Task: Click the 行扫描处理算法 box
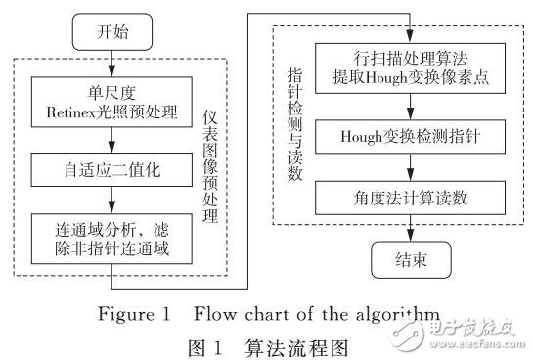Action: pyautogui.click(x=409, y=61)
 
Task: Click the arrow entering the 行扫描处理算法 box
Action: pyautogui.click(x=409, y=26)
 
